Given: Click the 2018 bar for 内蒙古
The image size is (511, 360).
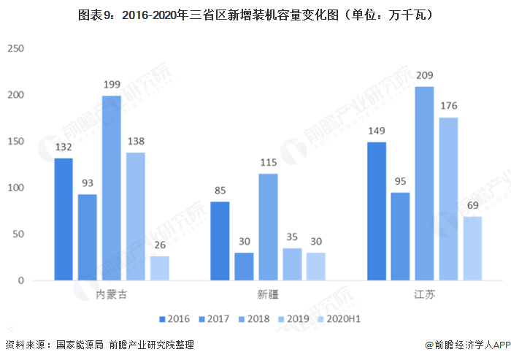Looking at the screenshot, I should pos(112,188).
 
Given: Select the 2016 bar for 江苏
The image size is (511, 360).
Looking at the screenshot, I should pos(377,211).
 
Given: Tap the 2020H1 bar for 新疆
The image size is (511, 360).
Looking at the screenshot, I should pos(315,267).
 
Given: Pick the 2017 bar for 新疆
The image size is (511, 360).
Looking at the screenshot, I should pos(244,267).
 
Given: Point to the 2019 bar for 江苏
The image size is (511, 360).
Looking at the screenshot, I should pos(448,199).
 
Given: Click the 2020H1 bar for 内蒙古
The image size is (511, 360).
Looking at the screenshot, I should pos(159,268).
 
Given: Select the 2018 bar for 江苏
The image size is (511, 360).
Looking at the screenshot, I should pos(424,183).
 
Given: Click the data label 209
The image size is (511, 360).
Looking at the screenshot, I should pos(424,75).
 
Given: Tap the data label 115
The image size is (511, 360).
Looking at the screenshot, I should pos(268,162).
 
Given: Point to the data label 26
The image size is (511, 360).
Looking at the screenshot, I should pos(159,245).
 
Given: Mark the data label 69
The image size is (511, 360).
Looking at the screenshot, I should pos(472,205).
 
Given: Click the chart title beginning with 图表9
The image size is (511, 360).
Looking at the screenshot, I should pos(255,14).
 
